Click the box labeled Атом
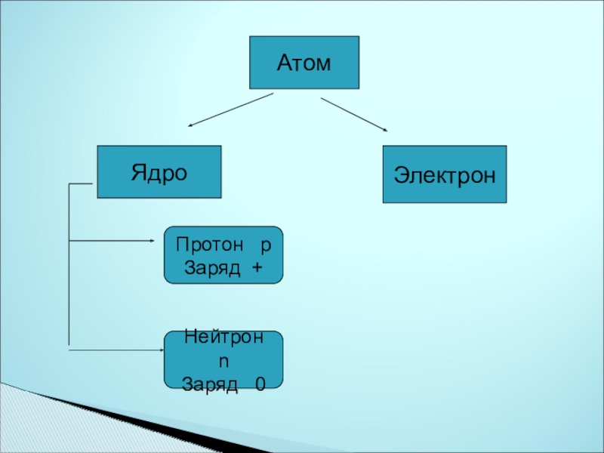coord(304,63)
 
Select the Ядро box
coord(159,171)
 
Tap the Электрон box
coord(444,174)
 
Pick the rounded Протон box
coord(223,255)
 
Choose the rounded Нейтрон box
coord(223,359)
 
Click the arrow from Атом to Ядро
coord(230,109)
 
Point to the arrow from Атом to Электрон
coord(354,115)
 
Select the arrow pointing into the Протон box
coord(113,242)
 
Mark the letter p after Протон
coord(266,246)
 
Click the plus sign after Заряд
coord(258,267)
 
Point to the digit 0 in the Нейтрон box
coord(260,384)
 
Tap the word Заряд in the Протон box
coord(210,267)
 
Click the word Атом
coord(304,63)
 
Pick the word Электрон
coord(444,175)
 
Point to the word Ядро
coord(159,172)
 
